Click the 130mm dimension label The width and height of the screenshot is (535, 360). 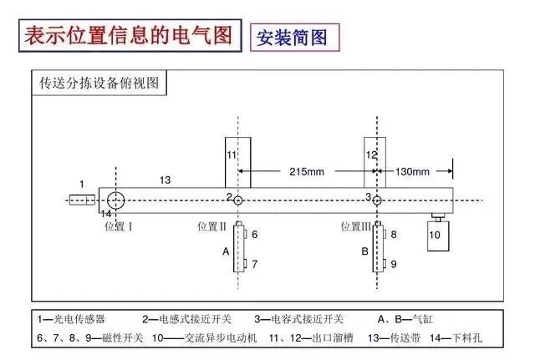(411, 172)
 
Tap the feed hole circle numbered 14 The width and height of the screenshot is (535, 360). (115, 200)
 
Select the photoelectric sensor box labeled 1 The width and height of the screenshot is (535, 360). (82, 200)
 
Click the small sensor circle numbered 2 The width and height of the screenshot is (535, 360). (238, 200)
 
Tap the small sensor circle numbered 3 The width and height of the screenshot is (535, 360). (377, 200)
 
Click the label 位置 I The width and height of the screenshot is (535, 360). (119, 226)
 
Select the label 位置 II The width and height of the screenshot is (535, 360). (212, 226)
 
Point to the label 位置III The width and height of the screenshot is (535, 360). (357, 226)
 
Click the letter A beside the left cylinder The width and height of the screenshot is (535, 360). (225, 251)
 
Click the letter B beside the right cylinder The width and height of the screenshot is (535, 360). (364, 251)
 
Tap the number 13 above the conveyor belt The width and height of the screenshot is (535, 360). (165, 180)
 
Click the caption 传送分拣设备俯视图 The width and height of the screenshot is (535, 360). (99, 84)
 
